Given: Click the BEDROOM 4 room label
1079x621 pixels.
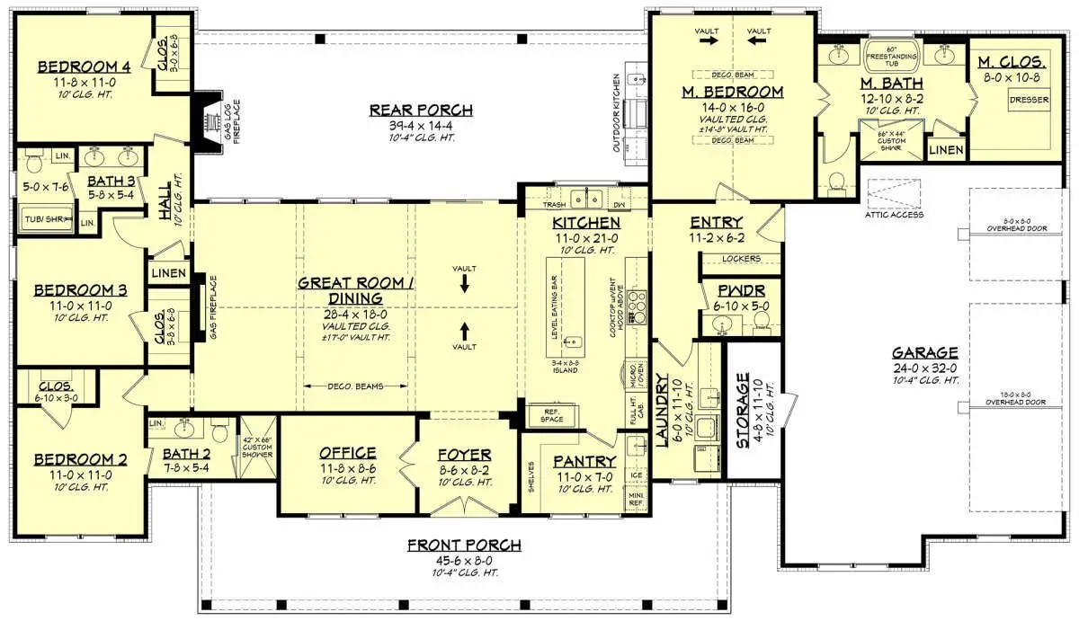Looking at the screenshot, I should coord(84,66).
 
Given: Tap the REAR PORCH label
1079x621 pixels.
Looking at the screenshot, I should coord(421,110).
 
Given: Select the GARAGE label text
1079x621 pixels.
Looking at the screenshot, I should coord(924,352).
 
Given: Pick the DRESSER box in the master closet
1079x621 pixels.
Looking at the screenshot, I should coord(1029,100).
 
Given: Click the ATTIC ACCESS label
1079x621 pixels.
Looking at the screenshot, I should coord(894,215).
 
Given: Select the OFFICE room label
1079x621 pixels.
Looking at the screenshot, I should coord(348,453).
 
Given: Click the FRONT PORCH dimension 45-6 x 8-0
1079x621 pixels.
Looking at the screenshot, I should coord(464,559).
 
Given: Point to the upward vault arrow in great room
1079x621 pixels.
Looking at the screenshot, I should coord(465,327).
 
